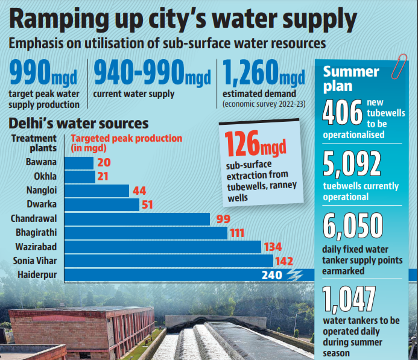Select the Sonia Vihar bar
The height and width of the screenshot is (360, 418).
click(x=168, y=261)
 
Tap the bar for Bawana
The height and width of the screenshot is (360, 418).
click(x=79, y=162)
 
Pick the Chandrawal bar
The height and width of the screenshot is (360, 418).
click(x=137, y=218)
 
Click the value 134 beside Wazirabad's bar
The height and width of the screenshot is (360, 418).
click(x=273, y=247)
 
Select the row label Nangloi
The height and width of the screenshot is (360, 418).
click(x=42, y=191)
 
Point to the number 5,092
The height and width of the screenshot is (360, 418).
click(x=352, y=163)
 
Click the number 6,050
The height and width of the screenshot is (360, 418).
click(x=353, y=226)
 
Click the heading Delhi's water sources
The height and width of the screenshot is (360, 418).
click(x=78, y=124)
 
